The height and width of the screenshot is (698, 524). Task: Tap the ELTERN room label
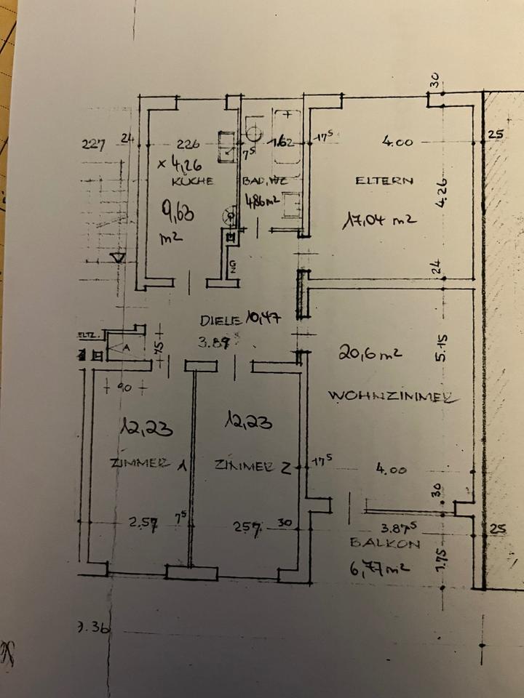coord(384,181)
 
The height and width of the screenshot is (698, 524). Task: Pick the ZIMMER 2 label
coord(253,466)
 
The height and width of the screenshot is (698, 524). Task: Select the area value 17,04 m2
coord(379,219)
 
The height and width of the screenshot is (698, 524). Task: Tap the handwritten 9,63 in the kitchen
coord(175,214)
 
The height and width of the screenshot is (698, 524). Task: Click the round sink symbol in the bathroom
coord(253,133)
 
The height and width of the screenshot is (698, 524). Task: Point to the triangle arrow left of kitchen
coord(116,257)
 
